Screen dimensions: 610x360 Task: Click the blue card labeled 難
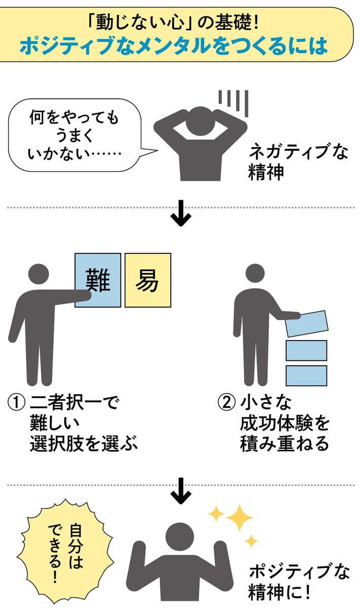tap(98, 280)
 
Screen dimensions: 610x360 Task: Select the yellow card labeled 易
tap(148, 280)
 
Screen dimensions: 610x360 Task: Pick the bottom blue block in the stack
tap(306, 375)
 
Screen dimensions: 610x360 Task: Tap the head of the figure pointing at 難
tap(39, 274)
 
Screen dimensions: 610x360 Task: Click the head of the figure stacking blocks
tap(256, 277)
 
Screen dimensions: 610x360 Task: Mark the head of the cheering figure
tap(181, 537)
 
